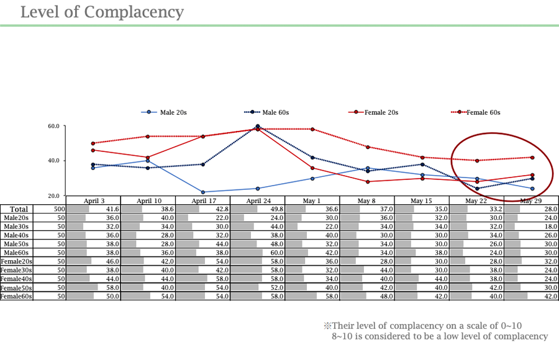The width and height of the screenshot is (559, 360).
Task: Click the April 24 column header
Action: point(258,200)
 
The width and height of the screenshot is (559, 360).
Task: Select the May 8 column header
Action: point(367,200)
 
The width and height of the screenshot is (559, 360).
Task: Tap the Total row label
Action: point(18,209)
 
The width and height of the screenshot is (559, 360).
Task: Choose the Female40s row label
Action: point(17,279)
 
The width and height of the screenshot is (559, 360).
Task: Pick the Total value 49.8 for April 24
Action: point(276,209)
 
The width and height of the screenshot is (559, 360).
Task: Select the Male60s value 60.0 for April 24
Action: point(276,253)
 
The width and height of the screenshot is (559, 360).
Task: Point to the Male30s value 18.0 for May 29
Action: point(551,227)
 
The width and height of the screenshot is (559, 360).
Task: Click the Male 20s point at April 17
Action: point(203,192)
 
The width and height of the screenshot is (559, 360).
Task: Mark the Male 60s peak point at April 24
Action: point(258,127)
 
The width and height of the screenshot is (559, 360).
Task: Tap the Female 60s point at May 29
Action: point(532,158)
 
